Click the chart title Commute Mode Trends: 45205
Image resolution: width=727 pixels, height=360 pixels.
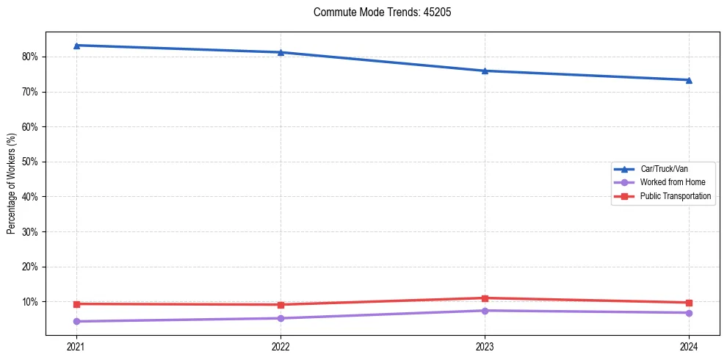coord(376,12)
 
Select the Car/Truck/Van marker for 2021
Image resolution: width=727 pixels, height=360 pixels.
coord(76,46)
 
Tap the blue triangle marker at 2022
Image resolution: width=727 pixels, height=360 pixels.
coord(281,52)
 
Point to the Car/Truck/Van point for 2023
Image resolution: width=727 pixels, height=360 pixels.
coord(485,71)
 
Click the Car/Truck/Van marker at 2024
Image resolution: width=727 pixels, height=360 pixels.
coord(689,80)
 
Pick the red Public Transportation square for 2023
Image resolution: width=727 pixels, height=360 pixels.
coord(485,298)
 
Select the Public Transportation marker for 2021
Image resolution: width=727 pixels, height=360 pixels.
coord(76,304)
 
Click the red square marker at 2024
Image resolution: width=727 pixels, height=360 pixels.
coord(689,303)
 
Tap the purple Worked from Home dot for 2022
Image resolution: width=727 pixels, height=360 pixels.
coord(281,318)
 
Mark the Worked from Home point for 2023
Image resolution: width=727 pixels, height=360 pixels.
coord(485,311)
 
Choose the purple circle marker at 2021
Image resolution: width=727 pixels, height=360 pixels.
coord(76,321)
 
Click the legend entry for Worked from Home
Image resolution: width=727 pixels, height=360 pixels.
coord(668,182)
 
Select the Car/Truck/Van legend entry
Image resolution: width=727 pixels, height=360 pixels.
coord(664,169)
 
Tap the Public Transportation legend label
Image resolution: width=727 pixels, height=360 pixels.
coord(676,196)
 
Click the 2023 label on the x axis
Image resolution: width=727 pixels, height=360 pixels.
coord(485,347)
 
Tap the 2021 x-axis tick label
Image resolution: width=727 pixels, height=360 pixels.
coord(76,347)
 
